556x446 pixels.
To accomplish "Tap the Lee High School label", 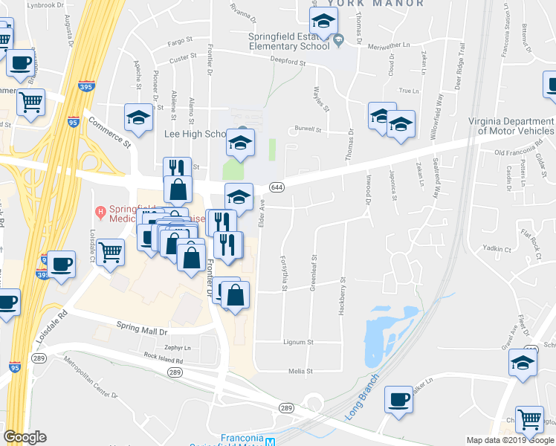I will click(x=194, y=135).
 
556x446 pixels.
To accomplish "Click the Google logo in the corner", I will click(x=25, y=437).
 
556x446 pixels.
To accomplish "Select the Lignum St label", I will click(x=299, y=343).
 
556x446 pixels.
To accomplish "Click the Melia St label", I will click(x=301, y=371).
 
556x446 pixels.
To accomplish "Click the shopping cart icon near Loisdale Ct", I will click(x=110, y=251).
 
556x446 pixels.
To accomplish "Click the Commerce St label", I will click(x=109, y=128).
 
